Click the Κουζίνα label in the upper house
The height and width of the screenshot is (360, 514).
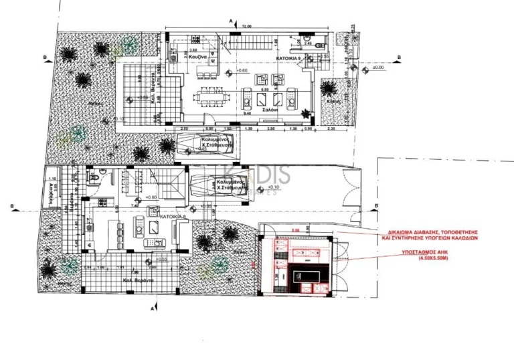195,59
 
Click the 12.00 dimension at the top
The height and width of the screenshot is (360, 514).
246,26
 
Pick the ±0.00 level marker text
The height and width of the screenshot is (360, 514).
379,68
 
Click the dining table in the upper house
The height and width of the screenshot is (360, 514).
210,96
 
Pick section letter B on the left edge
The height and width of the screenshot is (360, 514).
44,58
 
